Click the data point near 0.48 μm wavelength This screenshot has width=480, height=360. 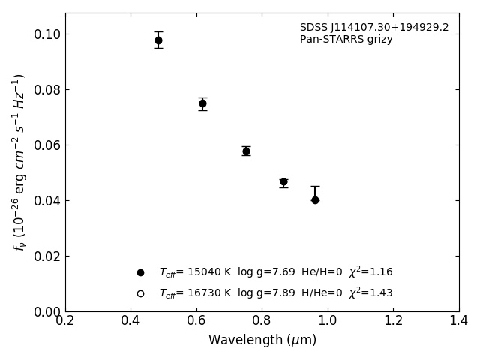158,40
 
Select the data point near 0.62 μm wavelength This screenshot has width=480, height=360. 202,103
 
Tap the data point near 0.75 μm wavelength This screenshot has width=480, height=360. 246,151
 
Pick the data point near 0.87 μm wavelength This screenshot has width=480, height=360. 283,182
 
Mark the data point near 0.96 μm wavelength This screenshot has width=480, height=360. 315,200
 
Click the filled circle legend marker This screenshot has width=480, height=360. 140,272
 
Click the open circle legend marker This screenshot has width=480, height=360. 140,293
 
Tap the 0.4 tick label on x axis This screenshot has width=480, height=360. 130,320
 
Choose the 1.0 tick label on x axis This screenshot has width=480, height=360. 328,320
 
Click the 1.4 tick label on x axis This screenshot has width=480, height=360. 458,320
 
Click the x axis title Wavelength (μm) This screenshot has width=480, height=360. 262,340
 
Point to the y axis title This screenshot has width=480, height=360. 19,162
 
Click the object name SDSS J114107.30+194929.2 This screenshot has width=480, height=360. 374,28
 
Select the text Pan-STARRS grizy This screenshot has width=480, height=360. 346,40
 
